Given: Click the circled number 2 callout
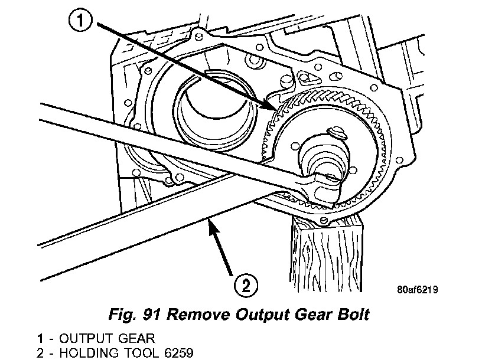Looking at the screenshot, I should point(245,286).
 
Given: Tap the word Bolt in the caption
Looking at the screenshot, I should point(350,314).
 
